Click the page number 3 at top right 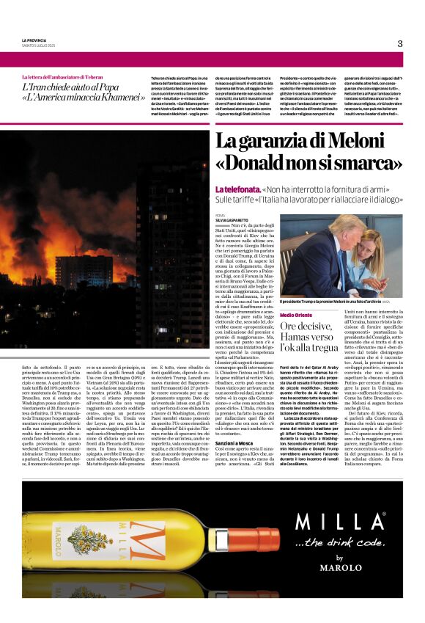coord(400,43)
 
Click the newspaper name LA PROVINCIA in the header coord(34,40)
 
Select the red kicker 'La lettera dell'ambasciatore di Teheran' coord(62,77)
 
